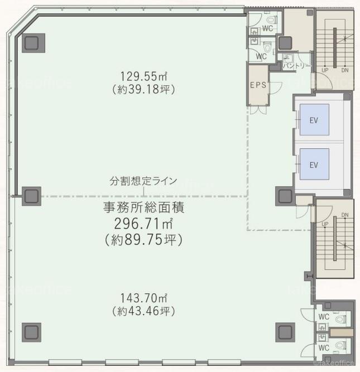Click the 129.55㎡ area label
coord(143,76)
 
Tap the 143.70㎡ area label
coord(143,298)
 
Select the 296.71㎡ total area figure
coord(143,224)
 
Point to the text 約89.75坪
coord(144,239)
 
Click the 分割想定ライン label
coord(143,181)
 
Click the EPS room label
coord(258,85)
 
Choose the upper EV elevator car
coord(314,119)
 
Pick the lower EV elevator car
coord(314,164)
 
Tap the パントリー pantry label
coord(297,65)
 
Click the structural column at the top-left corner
coord(33,43)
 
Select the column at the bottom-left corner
coord(31,332)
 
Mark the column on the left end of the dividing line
coord(31,196)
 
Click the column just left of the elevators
coord(285,196)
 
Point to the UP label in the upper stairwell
coord(325,70)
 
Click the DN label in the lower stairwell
coord(345,215)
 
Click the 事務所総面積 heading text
coord(143,207)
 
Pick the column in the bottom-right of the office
coord(285,332)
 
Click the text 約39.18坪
coord(143,89)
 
